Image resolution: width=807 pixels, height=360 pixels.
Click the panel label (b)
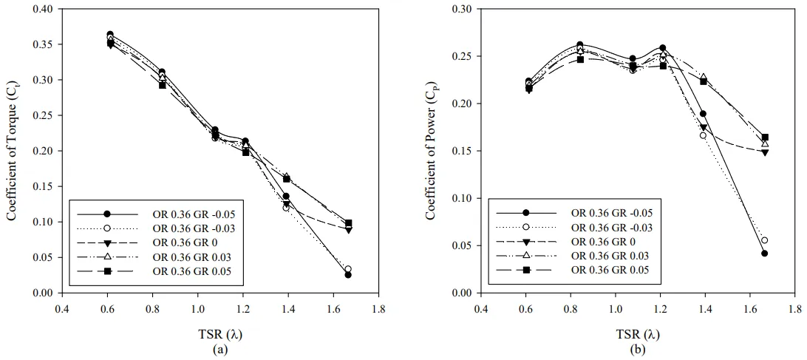click(638, 348)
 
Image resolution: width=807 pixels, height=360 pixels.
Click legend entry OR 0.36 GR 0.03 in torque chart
click(191, 257)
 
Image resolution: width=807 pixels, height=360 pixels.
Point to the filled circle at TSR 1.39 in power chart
click(703, 114)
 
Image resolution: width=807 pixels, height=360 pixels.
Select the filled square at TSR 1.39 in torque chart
click(286, 179)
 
